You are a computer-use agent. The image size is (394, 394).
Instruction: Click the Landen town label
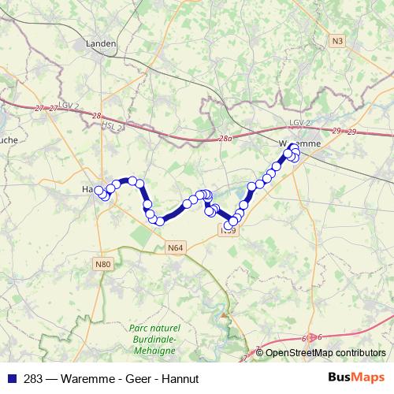coord(103,44)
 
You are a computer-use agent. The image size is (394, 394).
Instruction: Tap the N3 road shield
coord(338,40)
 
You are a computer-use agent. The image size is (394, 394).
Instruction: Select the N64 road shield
coord(176,247)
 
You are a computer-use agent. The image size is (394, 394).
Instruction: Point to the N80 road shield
coord(102,263)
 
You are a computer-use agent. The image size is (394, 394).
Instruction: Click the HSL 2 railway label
coord(115,127)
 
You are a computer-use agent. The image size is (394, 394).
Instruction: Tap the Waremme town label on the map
coord(299,143)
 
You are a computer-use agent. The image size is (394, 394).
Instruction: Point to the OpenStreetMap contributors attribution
coord(325,353)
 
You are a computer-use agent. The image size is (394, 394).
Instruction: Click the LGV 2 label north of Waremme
coord(301,124)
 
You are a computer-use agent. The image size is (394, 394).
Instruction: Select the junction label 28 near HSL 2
coord(97,116)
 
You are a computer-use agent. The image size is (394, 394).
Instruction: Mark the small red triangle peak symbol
coord(225,314)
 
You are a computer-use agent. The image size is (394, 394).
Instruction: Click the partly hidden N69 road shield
coord(229,231)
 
